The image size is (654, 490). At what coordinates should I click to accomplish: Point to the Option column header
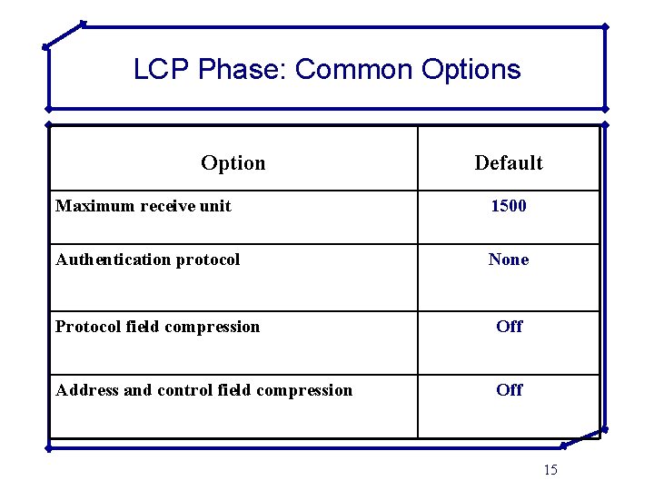tap(233, 163)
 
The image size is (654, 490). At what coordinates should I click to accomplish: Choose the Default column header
tap(509, 163)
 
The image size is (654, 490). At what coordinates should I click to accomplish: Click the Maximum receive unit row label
tap(144, 206)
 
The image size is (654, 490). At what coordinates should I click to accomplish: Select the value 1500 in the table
tap(509, 206)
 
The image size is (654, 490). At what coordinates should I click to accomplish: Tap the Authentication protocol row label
tap(148, 260)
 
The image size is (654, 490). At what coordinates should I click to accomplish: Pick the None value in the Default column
tap(509, 260)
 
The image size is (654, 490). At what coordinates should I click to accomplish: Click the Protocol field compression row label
tap(158, 327)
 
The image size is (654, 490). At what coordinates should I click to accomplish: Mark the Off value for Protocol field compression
tap(510, 327)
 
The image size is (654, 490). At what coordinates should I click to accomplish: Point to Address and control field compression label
tap(204, 390)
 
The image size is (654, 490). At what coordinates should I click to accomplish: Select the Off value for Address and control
tap(510, 390)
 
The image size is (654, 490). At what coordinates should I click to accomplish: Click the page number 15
tap(550, 469)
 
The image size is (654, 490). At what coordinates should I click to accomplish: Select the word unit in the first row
tap(215, 206)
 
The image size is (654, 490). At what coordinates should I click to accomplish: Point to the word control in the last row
tap(186, 390)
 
